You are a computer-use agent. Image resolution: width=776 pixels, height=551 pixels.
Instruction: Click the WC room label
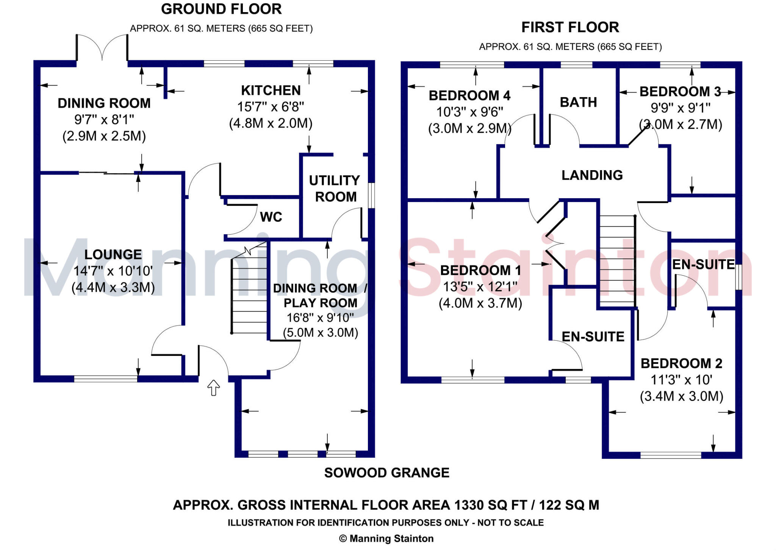[271, 217]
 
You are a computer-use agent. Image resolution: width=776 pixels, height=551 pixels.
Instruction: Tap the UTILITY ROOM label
[335, 188]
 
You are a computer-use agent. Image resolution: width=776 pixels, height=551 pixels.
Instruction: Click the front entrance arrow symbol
[214, 388]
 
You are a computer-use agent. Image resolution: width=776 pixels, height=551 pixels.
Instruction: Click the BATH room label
[578, 102]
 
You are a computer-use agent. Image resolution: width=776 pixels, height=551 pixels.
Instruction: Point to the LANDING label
[592, 175]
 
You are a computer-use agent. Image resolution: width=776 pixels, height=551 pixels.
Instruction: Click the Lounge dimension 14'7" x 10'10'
[113, 271]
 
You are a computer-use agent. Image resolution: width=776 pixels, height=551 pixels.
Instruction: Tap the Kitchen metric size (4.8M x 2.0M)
[271, 124]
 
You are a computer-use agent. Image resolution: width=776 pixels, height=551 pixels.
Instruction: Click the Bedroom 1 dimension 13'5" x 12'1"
[480, 287]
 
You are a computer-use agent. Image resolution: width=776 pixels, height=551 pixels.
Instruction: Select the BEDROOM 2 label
[681, 363]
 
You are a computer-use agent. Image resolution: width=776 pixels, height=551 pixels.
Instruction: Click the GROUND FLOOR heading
[221, 9]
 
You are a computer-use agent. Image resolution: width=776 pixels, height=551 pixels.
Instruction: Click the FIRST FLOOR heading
[570, 27]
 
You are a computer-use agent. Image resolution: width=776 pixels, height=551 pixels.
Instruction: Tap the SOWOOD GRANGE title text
[386, 473]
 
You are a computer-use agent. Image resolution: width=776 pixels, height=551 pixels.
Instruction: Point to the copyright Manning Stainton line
[386, 538]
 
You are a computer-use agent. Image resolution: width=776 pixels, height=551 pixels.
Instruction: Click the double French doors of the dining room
[102, 47]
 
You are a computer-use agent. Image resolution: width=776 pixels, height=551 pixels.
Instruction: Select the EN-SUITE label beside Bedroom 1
[593, 337]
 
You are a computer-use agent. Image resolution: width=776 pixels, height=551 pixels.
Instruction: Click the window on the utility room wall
[372, 196]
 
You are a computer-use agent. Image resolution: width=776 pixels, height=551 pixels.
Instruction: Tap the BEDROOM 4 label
[469, 95]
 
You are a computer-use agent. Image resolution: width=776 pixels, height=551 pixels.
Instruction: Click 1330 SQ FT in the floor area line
[490, 505]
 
